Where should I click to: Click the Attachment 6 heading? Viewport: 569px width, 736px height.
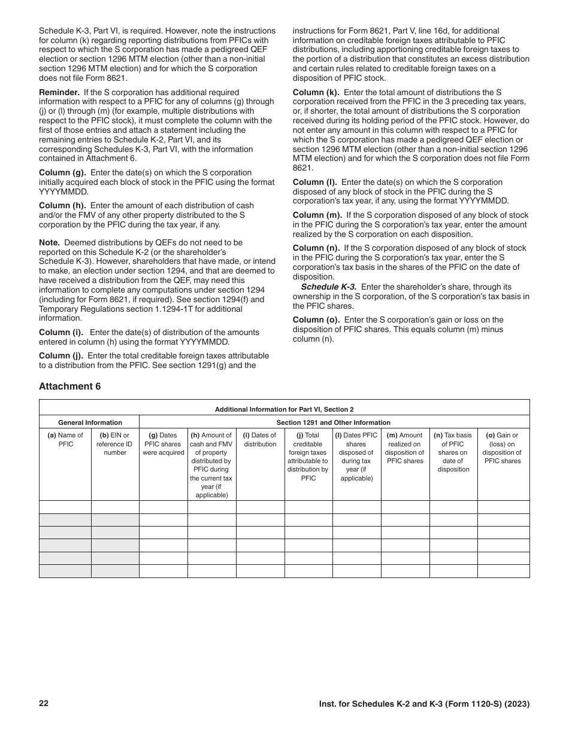point(70,387)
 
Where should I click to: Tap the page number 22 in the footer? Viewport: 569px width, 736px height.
point(44,703)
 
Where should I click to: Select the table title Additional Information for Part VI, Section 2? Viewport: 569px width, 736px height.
point(284,409)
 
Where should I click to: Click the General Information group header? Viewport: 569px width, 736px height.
point(90,422)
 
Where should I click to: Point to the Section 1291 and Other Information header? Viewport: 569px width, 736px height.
point(334,422)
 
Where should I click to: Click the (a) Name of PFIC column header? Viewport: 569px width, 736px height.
point(65,440)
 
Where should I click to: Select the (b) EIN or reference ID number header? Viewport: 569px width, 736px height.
point(115,444)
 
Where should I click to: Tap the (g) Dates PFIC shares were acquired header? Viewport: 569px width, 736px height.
point(164,444)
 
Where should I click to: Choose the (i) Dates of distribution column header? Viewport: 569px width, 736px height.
point(260,440)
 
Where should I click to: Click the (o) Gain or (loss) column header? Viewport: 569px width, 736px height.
point(503,448)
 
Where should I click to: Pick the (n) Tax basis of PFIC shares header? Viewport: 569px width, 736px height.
point(453,452)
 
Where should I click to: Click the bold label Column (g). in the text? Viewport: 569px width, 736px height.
point(62,173)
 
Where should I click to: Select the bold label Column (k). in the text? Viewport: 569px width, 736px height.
point(316,93)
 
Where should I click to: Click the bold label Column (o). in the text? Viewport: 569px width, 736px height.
point(316,320)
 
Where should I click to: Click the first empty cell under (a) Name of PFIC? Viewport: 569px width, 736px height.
point(65,507)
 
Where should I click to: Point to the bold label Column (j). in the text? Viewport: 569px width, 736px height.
point(61,355)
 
